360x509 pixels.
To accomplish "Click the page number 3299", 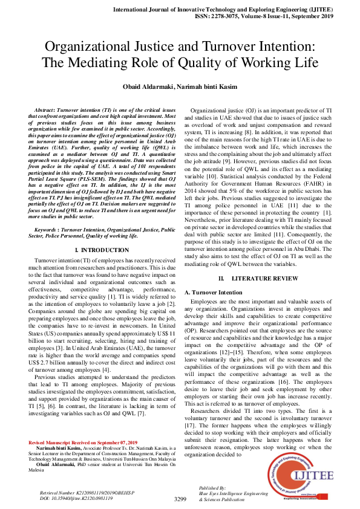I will click(x=180, y=499).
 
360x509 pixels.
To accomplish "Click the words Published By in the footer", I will click(x=212, y=487).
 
